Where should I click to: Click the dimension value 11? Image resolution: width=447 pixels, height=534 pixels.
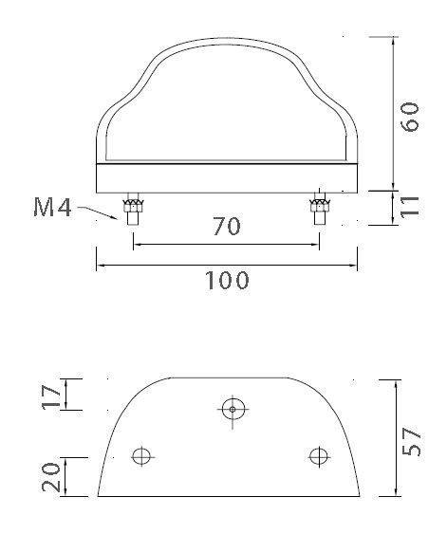(409, 208)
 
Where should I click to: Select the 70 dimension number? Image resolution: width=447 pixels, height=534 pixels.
(227, 226)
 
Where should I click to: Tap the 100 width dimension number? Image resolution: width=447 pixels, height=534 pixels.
(227, 280)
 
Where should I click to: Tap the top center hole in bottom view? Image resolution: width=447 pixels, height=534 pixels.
(233, 410)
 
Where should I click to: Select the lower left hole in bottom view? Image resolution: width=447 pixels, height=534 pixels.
(142, 457)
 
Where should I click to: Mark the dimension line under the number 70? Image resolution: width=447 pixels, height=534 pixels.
(227, 244)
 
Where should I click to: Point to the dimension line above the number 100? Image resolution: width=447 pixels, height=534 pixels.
(227, 265)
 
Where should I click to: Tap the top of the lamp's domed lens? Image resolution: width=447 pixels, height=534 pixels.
(227, 43)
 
